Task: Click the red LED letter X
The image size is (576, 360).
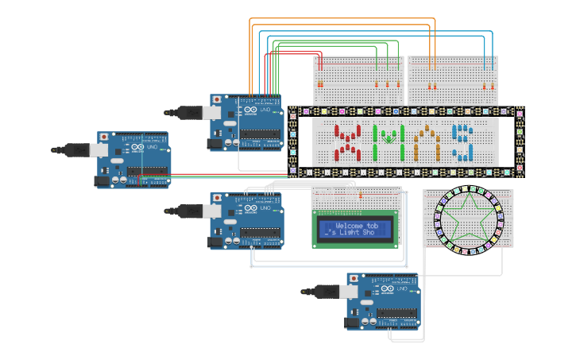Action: click(346, 142)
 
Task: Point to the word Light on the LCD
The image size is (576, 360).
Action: click(360, 234)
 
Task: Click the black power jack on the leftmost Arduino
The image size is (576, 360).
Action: click(102, 180)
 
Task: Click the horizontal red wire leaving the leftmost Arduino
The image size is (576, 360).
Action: click(230, 174)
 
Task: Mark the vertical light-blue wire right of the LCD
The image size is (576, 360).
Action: click(407, 230)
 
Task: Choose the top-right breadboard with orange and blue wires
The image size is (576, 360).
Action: click(453, 79)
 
